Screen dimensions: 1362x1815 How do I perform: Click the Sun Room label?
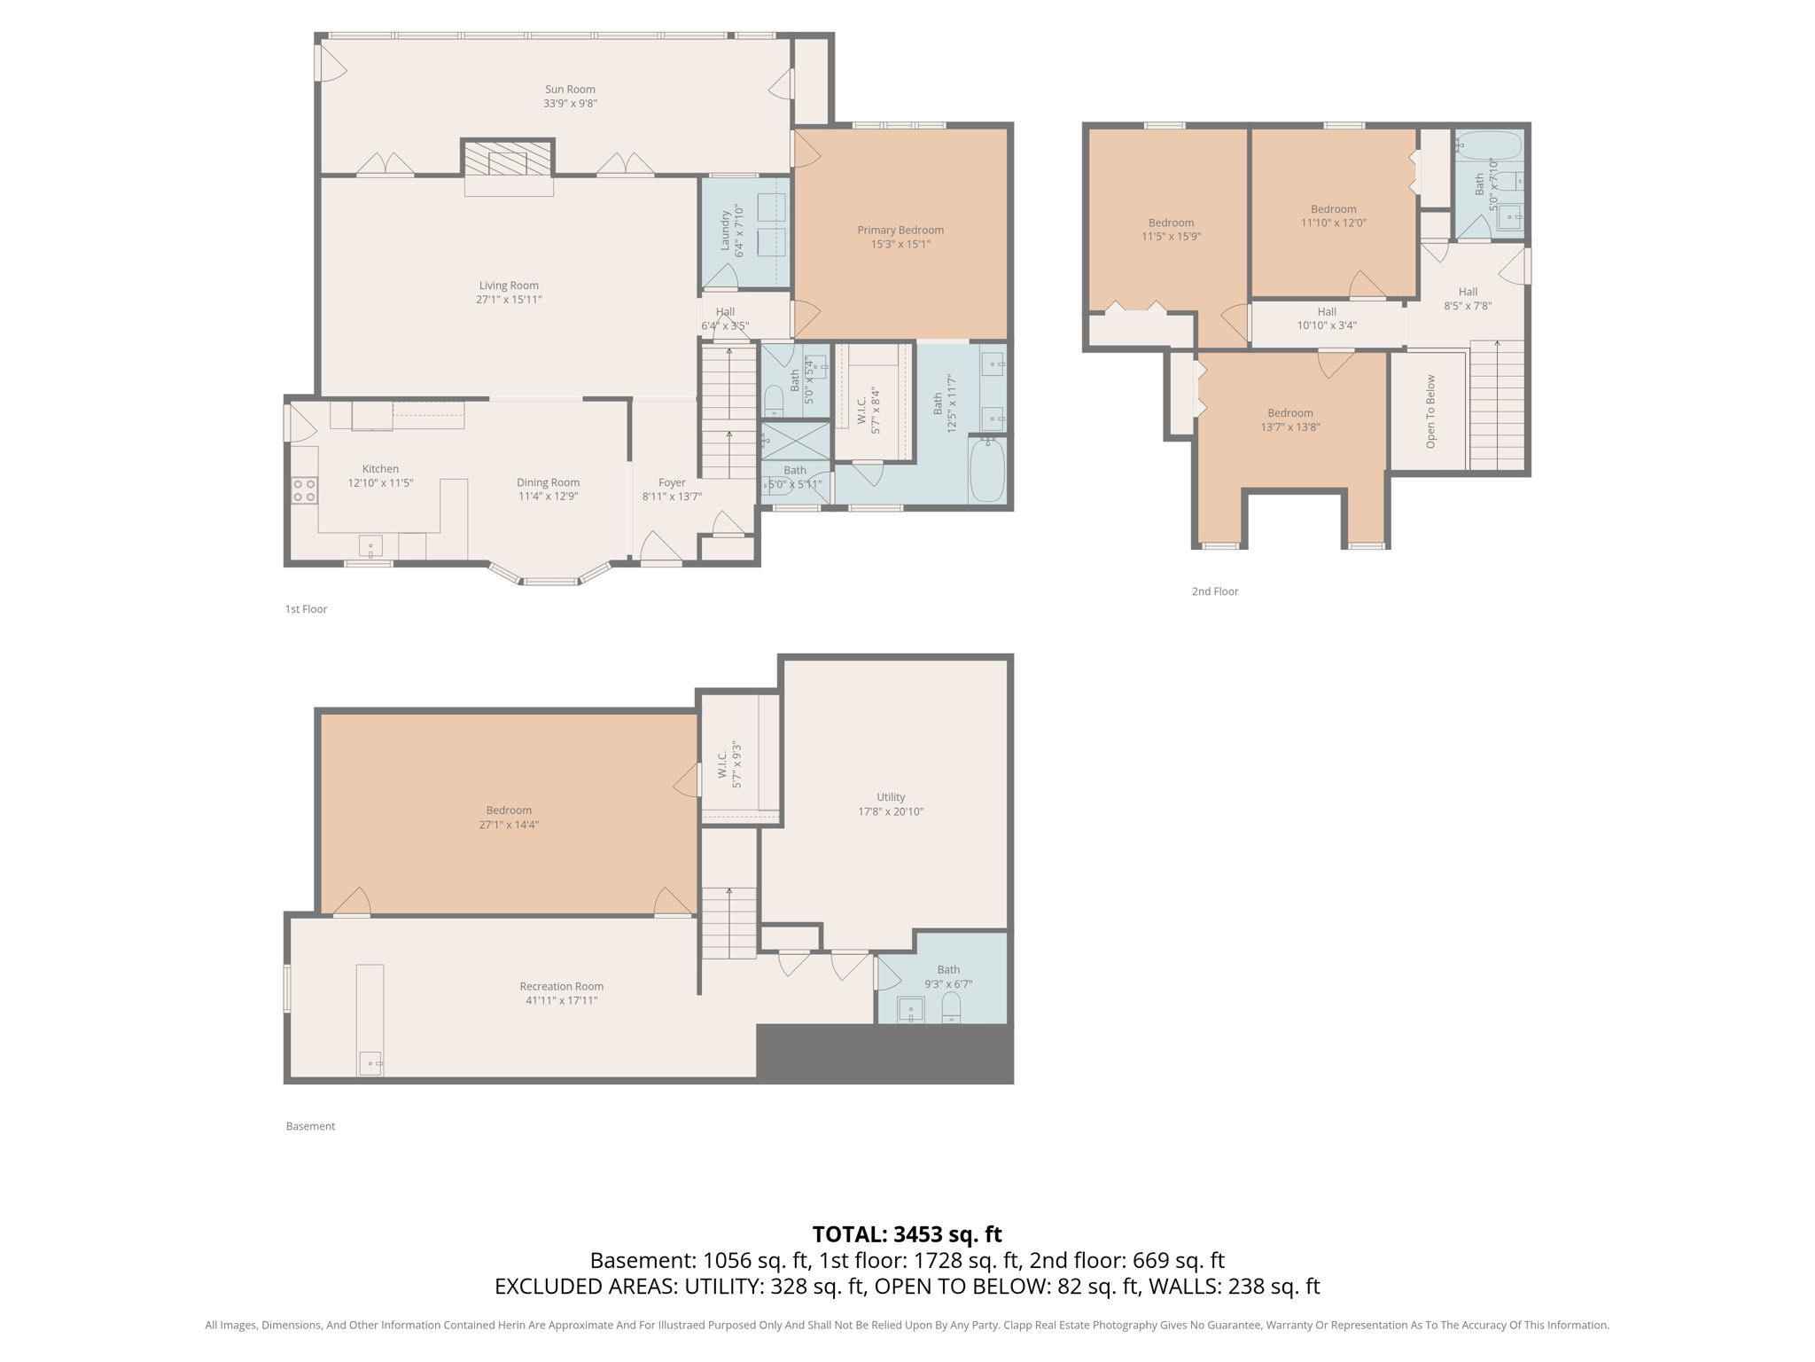[570, 89]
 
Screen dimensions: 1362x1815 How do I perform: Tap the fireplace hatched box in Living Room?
[508, 162]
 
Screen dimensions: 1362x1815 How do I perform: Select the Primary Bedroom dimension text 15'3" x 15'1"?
[900, 244]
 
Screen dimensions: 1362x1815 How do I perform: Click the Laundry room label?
[725, 231]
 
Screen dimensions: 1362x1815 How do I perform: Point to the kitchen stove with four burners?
[304, 490]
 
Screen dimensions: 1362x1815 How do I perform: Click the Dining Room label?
[548, 482]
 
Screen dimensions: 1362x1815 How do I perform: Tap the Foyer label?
[672, 482]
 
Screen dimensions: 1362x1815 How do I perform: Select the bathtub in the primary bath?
[987, 471]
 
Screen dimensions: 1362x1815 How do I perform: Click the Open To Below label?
[1430, 411]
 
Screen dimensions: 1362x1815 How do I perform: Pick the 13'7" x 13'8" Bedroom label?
[1289, 413]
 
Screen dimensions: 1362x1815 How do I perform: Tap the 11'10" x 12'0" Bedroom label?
[1333, 209]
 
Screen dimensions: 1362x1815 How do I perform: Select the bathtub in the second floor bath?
[1489, 145]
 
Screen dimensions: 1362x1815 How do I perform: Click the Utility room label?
[891, 797]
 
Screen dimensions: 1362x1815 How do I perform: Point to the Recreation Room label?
[561, 986]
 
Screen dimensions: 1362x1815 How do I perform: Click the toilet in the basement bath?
[951, 1006]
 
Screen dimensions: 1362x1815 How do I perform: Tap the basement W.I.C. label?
[723, 764]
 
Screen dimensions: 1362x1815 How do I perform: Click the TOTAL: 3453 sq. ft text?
[907, 1234]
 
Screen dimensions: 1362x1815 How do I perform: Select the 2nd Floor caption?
[1214, 591]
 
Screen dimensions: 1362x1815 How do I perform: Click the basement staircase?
[729, 922]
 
